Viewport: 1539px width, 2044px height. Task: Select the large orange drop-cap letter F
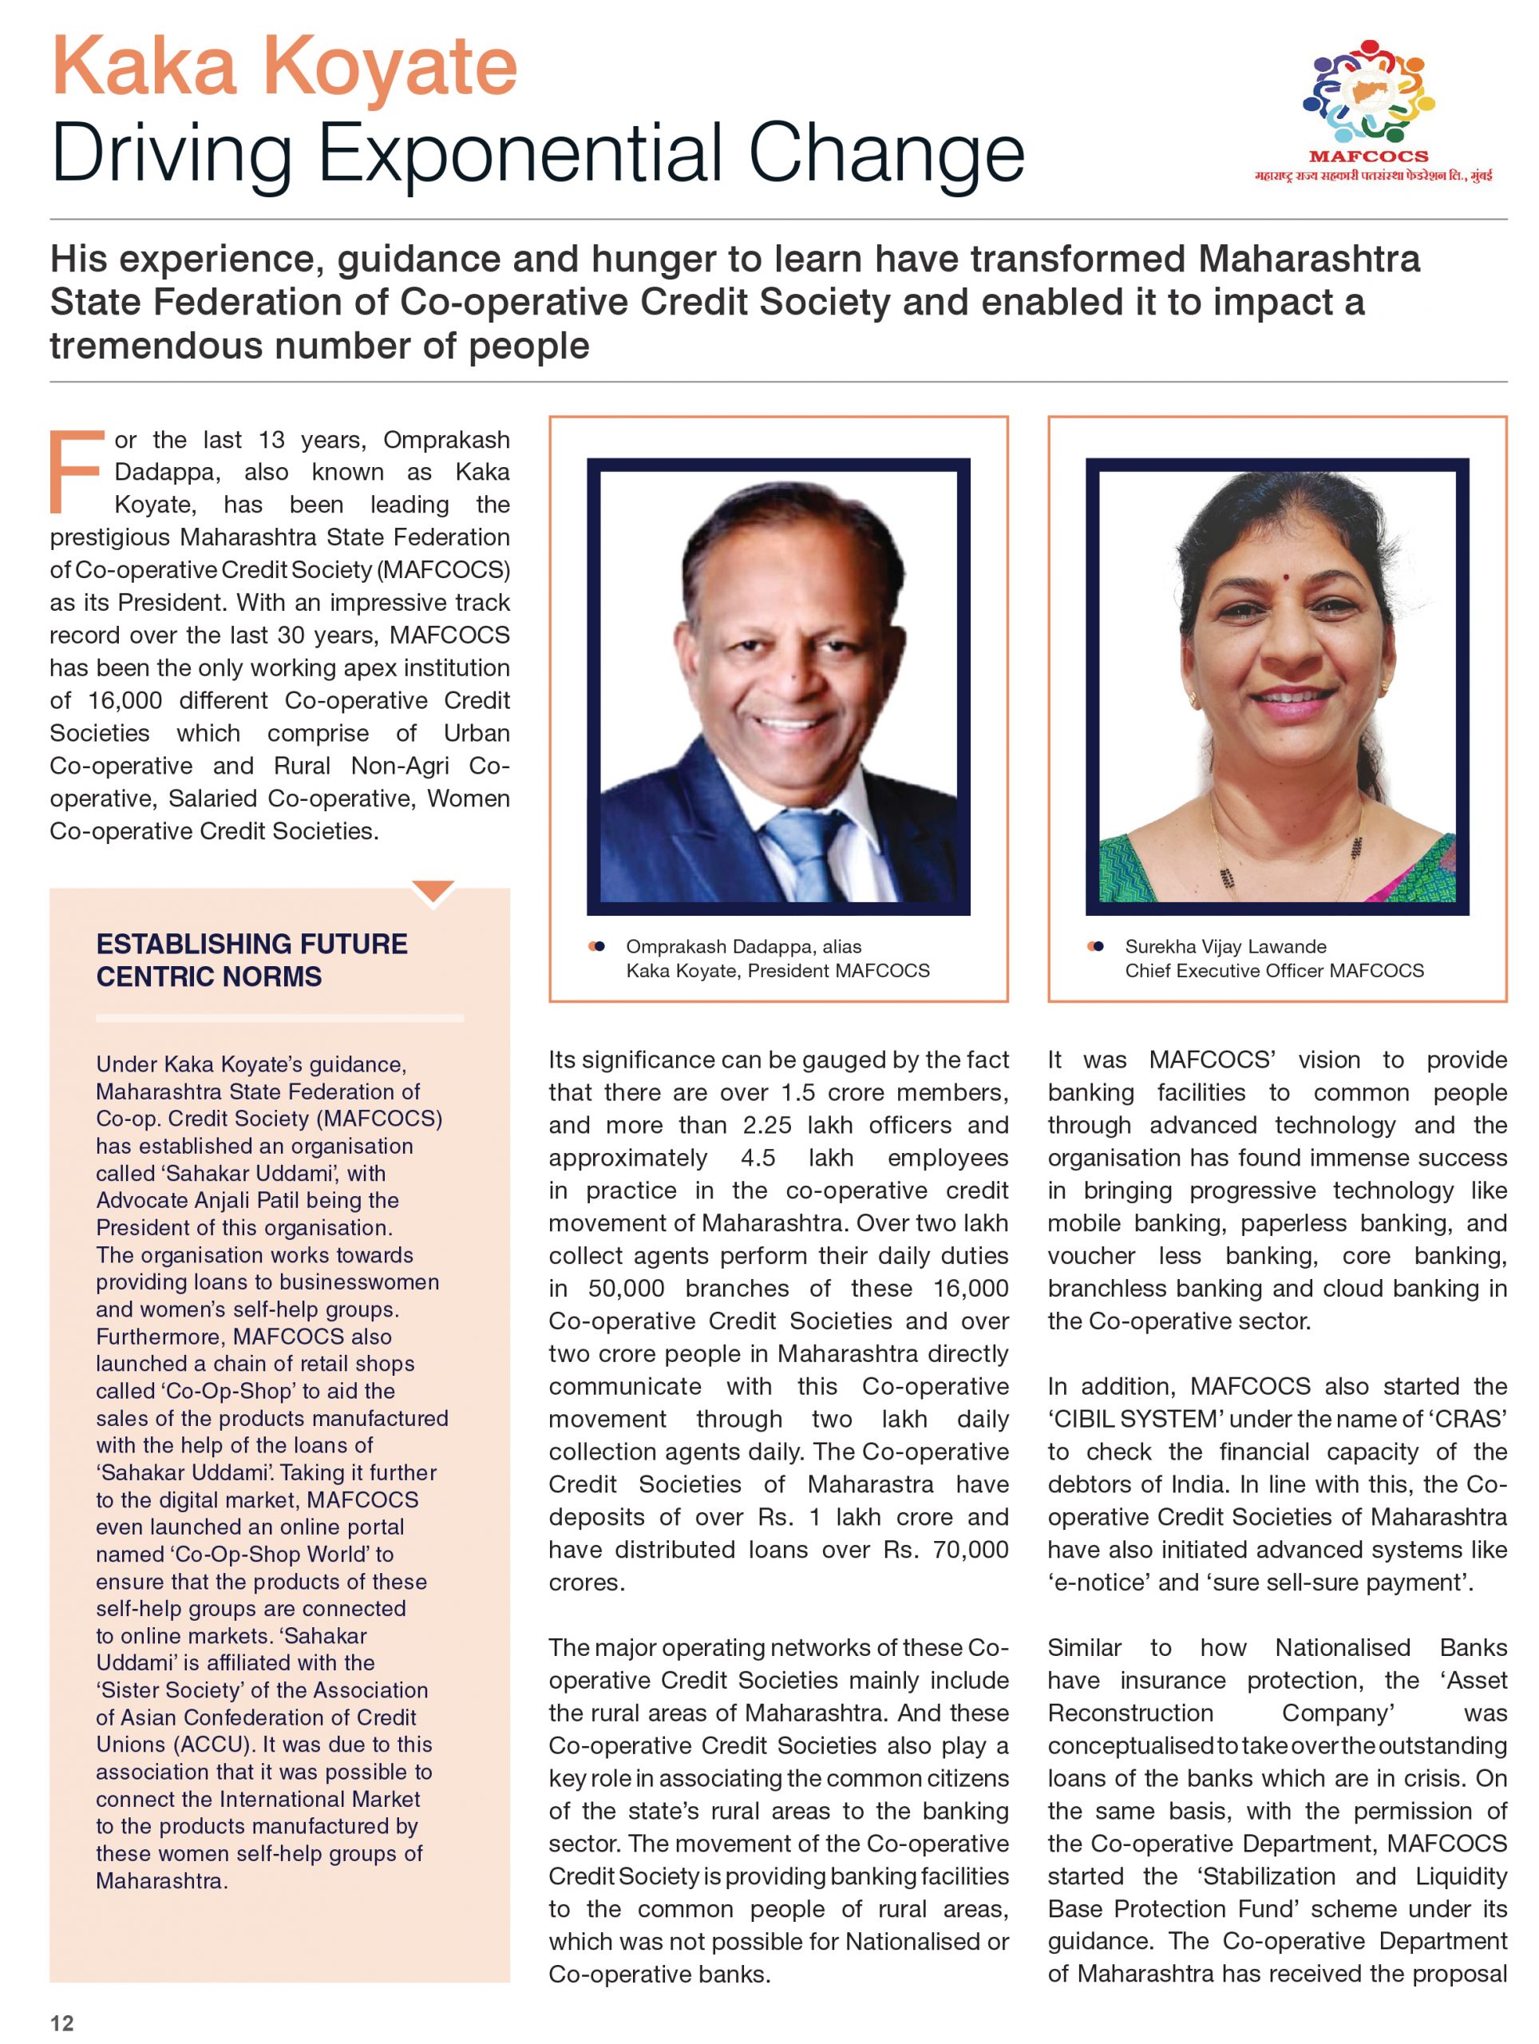click(75, 470)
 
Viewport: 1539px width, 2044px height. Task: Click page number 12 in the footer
click(62, 2022)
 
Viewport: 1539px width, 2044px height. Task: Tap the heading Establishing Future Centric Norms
click(251, 960)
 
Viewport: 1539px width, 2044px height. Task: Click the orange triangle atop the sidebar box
click(433, 892)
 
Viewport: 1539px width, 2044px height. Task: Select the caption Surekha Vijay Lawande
click(1225, 946)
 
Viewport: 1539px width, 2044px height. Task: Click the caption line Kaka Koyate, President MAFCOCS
click(777, 970)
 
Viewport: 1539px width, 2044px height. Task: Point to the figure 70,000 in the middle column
click(970, 1550)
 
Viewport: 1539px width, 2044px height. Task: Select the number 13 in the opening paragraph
click(271, 440)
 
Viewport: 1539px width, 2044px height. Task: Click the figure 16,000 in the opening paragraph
click(125, 700)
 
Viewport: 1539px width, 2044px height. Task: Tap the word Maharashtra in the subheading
click(1308, 259)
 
